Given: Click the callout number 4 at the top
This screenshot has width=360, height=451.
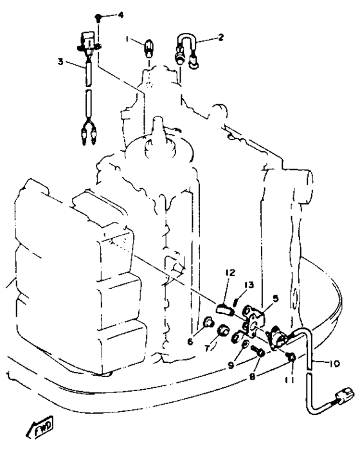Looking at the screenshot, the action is [x=121, y=15].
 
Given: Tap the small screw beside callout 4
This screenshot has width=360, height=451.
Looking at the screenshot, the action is [x=98, y=18].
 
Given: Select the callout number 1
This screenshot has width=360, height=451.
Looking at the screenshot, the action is [x=127, y=39].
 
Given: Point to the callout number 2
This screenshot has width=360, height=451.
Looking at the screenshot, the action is [x=221, y=37].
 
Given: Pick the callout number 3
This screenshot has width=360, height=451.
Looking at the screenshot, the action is [x=60, y=61].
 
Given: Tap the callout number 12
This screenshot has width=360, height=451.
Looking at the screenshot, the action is [x=230, y=272].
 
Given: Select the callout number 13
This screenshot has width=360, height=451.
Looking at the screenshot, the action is [x=249, y=285].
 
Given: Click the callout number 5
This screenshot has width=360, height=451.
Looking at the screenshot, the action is [x=276, y=299].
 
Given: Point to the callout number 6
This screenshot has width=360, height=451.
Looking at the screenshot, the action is [x=190, y=342].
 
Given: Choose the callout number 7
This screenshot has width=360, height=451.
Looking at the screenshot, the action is [x=207, y=348].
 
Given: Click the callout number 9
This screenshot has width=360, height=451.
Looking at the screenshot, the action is [x=231, y=365].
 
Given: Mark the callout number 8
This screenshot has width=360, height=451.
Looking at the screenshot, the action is [x=252, y=376].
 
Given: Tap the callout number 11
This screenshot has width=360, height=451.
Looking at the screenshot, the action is [x=290, y=380].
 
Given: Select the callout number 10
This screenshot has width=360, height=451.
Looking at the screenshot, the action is [x=334, y=364].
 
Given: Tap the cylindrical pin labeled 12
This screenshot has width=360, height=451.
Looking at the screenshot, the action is [x=225, y=309].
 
